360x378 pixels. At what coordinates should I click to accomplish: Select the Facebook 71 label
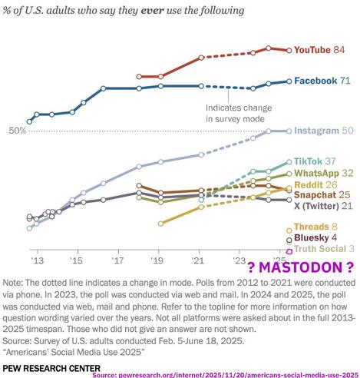[x=323, y=80]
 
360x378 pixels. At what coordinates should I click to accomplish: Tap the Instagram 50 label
[x=324, y=131]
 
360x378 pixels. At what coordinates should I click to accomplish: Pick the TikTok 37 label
[x=319, y=162]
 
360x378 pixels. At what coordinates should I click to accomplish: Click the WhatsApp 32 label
[x=323, y=174]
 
